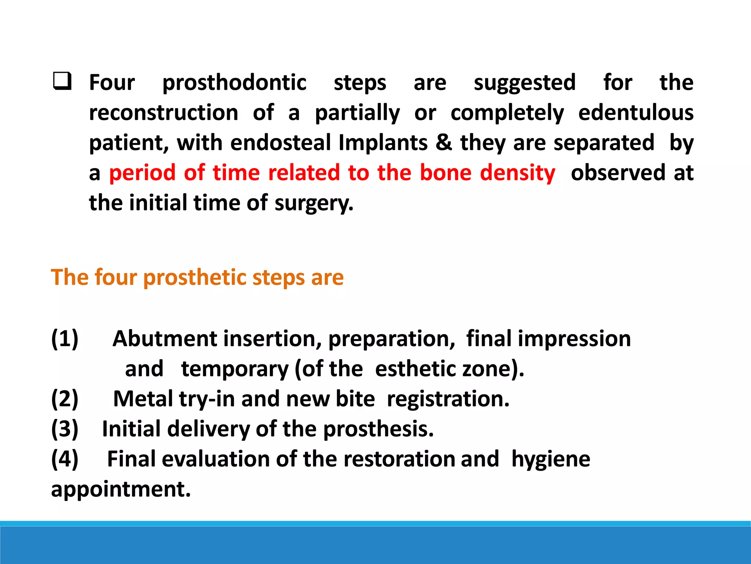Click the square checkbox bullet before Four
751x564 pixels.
62,82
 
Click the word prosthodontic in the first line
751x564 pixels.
234,83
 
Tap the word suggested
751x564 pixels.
525,83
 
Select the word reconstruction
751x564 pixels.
164,112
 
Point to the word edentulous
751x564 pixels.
636,112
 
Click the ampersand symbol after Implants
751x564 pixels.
444,142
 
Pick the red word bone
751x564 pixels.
446,173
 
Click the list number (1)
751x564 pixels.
65,339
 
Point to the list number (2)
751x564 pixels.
65,399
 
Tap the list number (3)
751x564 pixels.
65,429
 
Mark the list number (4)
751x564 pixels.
65,459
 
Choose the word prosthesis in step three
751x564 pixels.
378,429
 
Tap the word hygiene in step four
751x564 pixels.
551,459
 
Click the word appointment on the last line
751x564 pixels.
121,489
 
